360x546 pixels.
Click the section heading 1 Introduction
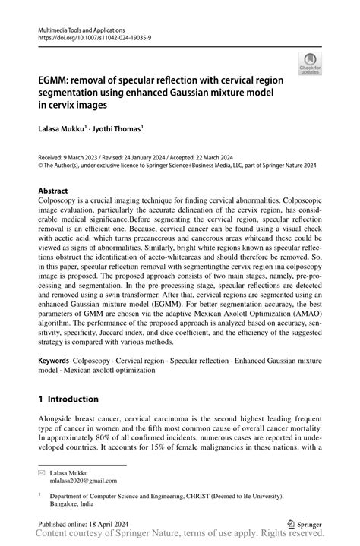[x=68, y=399]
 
